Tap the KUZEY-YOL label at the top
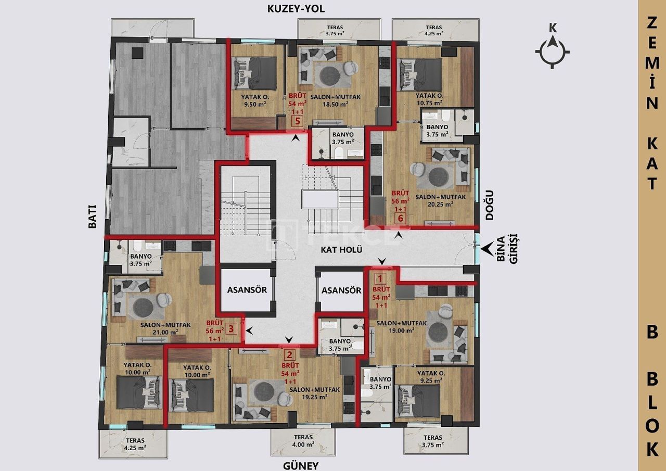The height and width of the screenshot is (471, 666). click(295, 9)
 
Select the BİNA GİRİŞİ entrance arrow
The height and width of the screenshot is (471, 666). click(488, 250)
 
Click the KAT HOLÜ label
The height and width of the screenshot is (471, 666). click(341, 249)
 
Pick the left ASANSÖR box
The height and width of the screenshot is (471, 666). click(247, 290)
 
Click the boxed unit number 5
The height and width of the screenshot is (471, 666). click(297, 122)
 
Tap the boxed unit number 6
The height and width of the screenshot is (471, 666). click(400, 219)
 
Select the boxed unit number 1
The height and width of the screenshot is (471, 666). click(381, 279)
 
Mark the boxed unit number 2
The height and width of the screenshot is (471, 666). click(290, 355)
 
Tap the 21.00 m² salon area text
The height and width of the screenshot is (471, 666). click(166, 332)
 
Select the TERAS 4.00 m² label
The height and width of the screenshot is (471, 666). click(303, 441)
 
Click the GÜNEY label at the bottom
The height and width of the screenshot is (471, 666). click(300, 465)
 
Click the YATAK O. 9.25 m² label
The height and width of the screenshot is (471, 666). click(430, 377)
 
